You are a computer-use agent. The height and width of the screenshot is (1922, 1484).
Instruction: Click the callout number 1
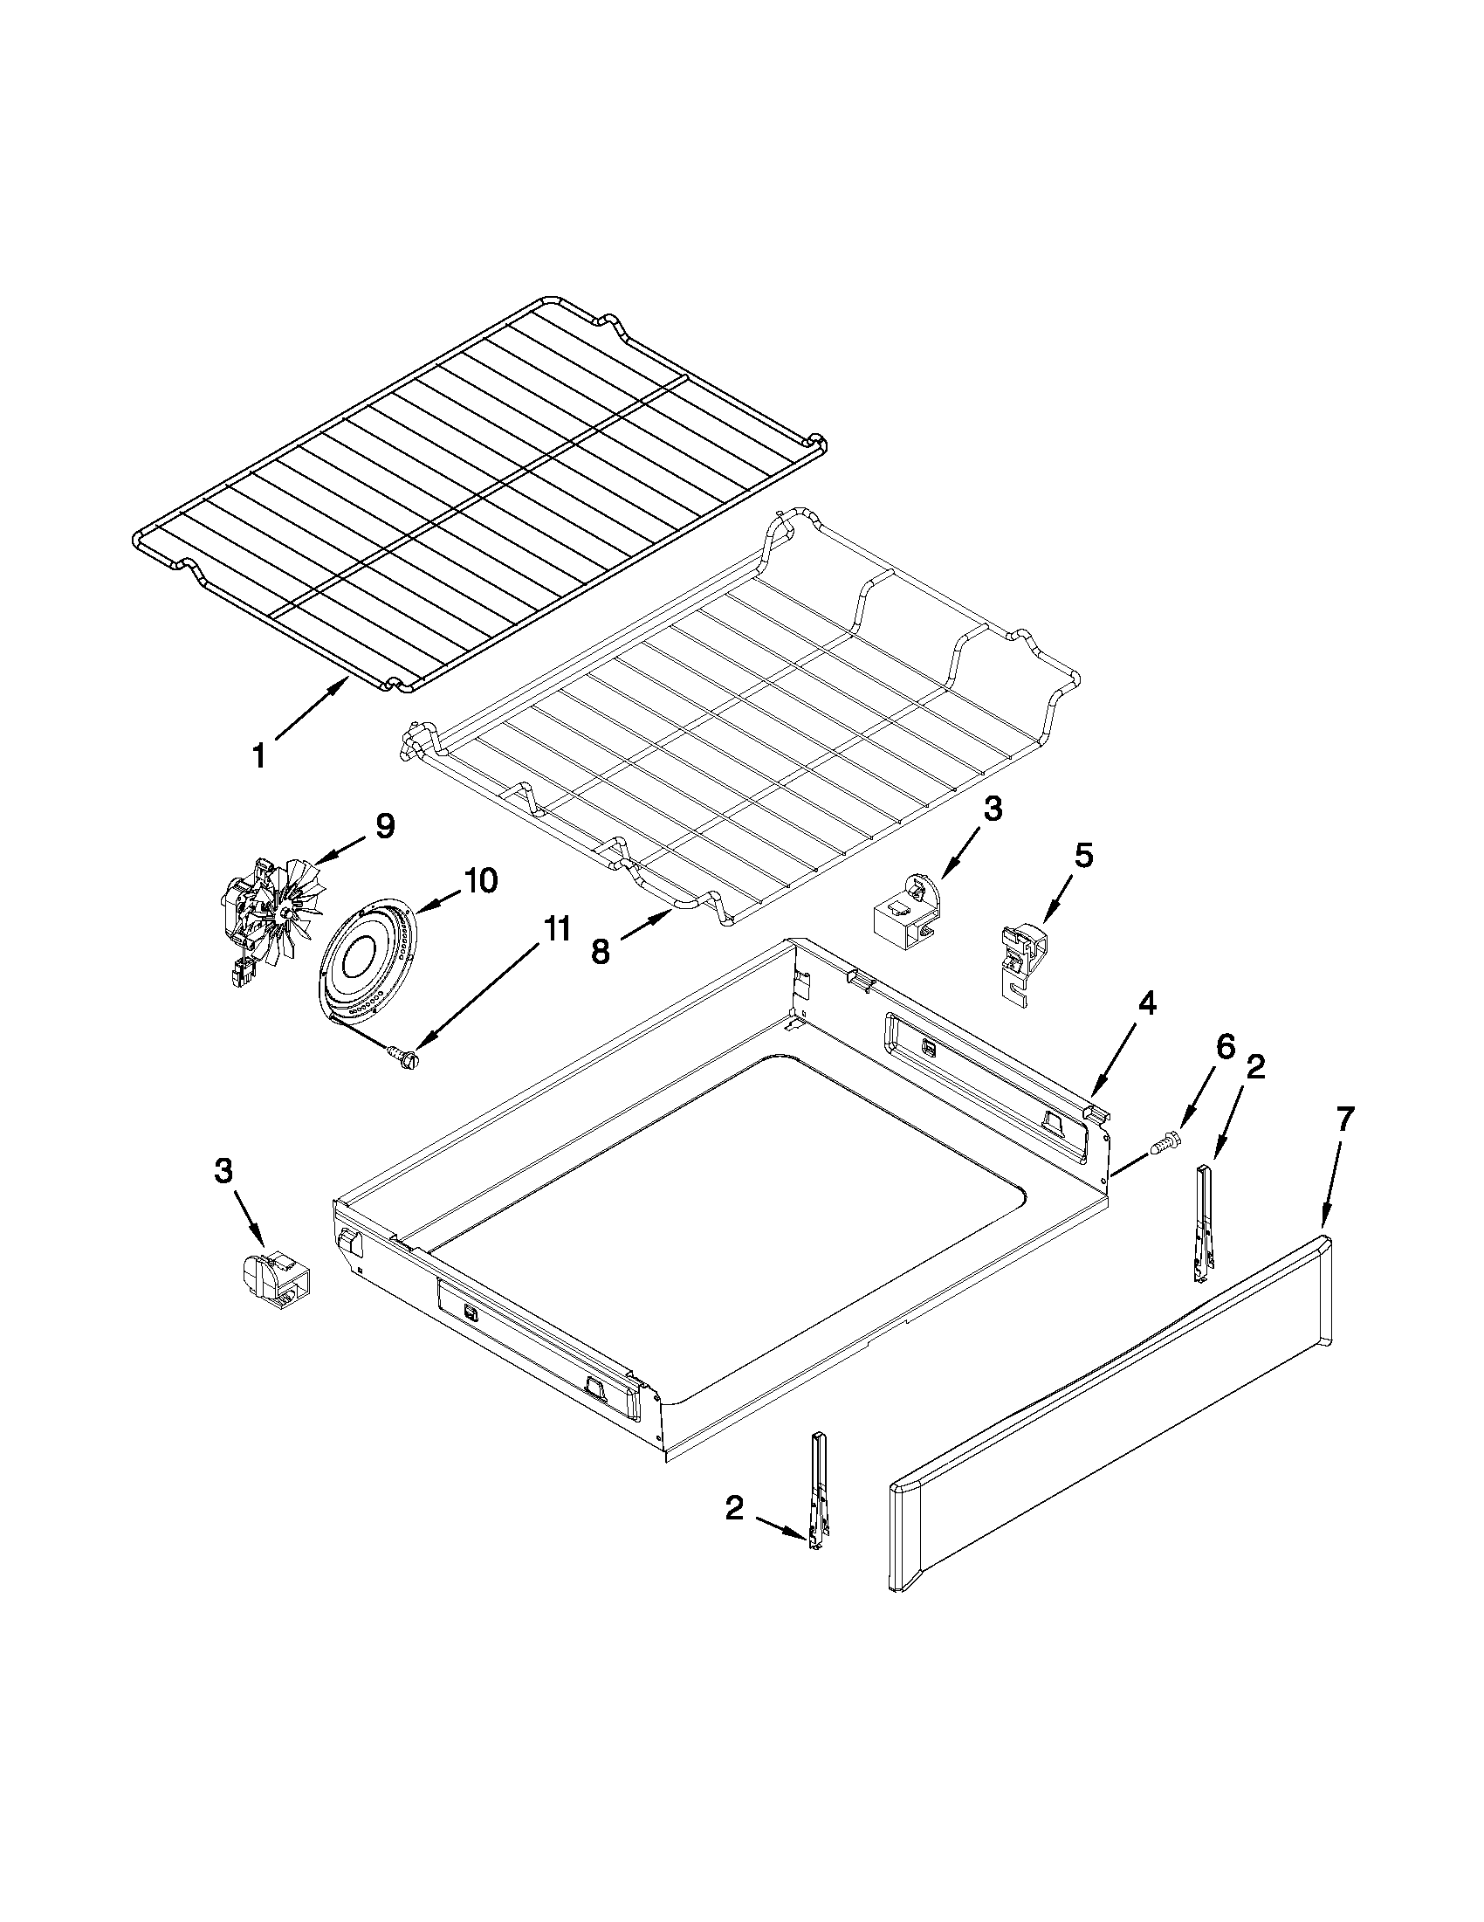click(258, 755)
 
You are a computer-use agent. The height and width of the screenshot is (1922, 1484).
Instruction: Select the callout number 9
click(384, 825)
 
